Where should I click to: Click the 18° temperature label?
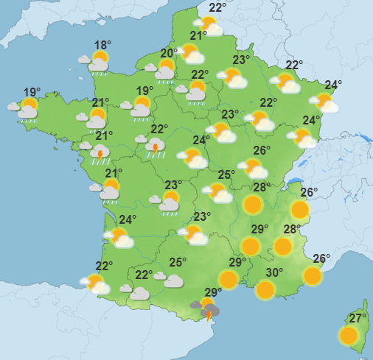click(x=102, y=45)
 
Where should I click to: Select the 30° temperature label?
click(x=274, y=272)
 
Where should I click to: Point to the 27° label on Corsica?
click(x=358, y=318)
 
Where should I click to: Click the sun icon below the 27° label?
click(x=349, y=336)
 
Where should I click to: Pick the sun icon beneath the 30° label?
click(x=265, y=289)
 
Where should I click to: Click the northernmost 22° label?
click(x=217, y=8)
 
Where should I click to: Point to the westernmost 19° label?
click(x=31, y=92)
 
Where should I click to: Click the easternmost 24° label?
click(x=333, y=84)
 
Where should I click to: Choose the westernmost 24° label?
click(x=128, y=219)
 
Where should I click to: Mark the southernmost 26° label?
click(x=321, y=258)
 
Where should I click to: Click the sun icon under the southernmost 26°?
click(x=313, y=276)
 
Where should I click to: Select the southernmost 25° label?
click(x=178, y=261)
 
